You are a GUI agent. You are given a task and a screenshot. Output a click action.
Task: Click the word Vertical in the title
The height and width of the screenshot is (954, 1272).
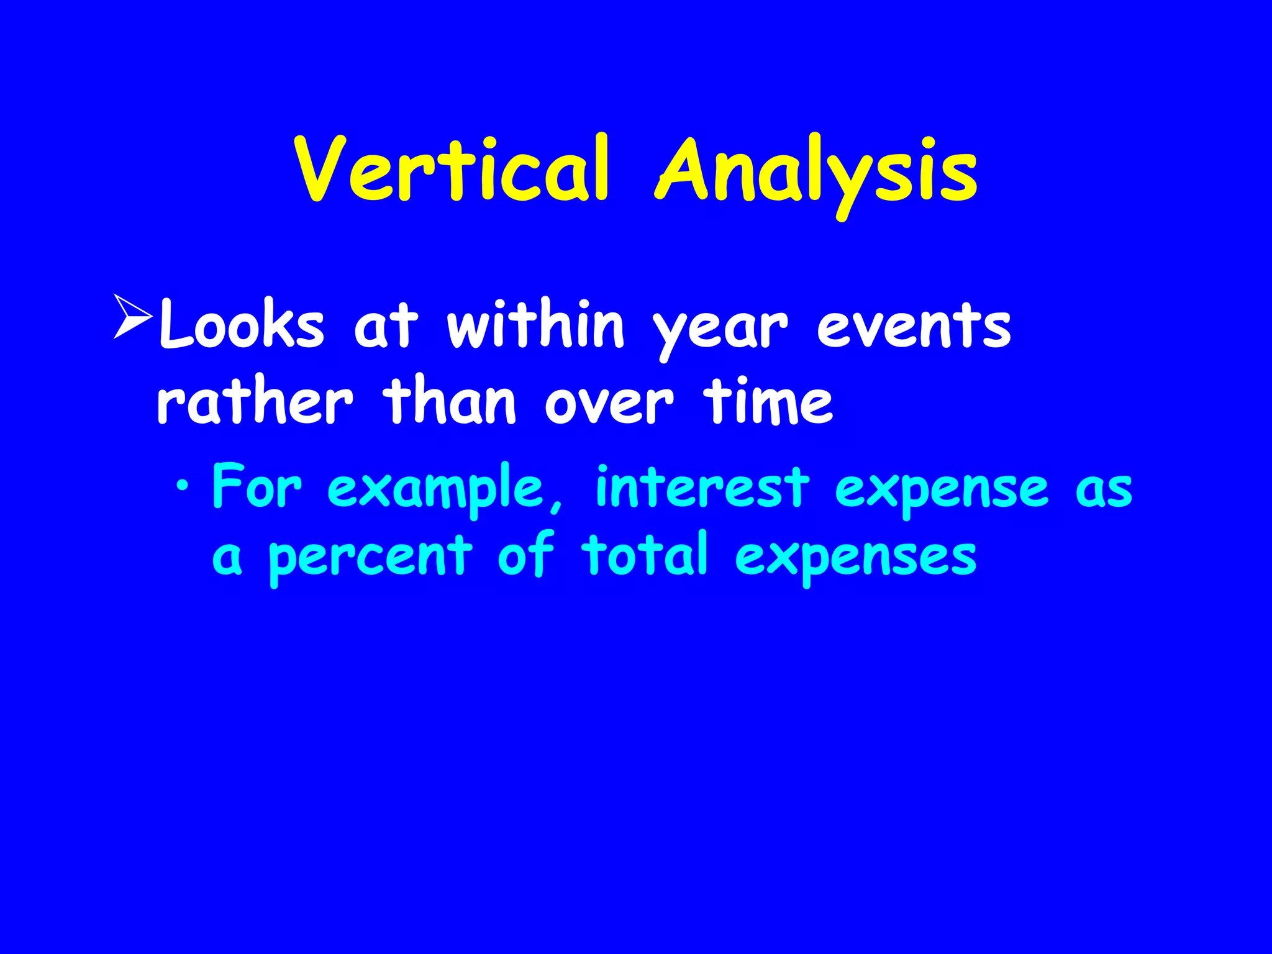click(x=452, y=169)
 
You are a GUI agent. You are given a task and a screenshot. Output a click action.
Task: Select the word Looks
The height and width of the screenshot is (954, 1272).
click(x=242, y=326)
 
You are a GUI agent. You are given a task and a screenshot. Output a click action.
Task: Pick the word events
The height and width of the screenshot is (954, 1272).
click(x=914, y=326)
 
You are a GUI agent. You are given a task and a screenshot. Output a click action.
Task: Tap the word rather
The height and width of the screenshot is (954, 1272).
click(x=255, y=402)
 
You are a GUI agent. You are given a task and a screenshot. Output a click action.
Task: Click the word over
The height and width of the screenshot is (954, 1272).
click(x=609, y=405)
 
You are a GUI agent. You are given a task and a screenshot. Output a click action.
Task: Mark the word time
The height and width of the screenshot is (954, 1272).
click(x=768, y=402)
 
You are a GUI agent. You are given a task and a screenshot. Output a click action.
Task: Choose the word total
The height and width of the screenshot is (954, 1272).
click(x=645, y=554)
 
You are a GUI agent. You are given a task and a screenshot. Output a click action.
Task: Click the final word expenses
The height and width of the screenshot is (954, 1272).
click(x=856, y=558)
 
